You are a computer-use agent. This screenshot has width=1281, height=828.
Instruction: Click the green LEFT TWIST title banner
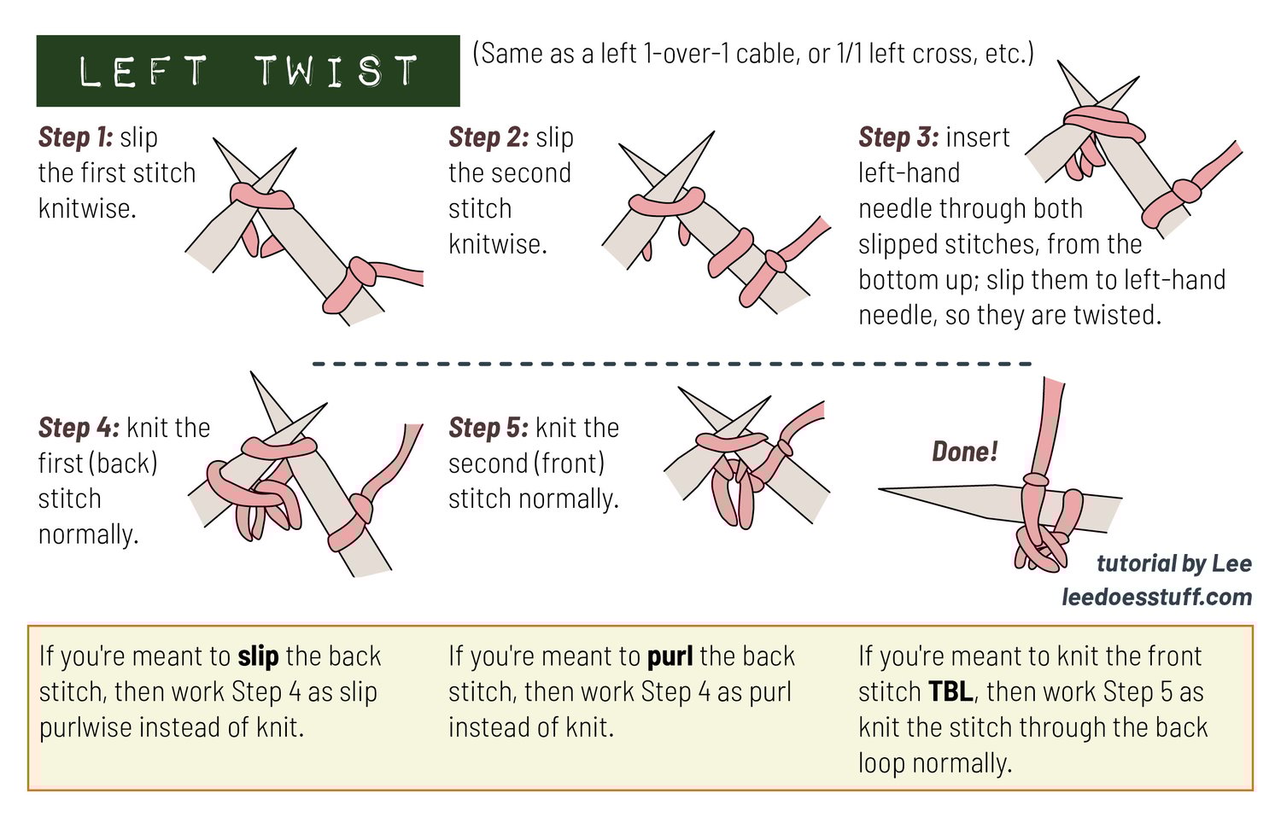248,71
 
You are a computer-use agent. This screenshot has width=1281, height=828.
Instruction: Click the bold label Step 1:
75,137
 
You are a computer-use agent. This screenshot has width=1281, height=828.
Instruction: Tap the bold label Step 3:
898,137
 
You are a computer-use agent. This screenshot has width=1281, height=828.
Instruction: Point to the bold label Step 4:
79,428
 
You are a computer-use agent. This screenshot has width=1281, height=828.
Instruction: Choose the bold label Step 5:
489,428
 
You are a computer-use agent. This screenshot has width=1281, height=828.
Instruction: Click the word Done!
965,452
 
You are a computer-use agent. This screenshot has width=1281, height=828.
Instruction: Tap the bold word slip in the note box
258,656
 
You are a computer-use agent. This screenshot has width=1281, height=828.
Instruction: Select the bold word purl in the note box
670,656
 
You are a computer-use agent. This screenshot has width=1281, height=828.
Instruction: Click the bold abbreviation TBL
951,691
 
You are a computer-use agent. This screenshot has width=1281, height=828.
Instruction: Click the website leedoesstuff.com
1157,598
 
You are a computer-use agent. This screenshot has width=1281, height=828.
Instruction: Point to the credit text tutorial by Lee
1174,564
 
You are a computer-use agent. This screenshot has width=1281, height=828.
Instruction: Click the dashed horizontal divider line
672,364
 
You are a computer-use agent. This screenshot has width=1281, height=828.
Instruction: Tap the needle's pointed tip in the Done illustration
880,488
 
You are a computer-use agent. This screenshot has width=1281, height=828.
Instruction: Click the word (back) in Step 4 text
123,464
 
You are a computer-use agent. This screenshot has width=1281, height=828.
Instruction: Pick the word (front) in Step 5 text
569,464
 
